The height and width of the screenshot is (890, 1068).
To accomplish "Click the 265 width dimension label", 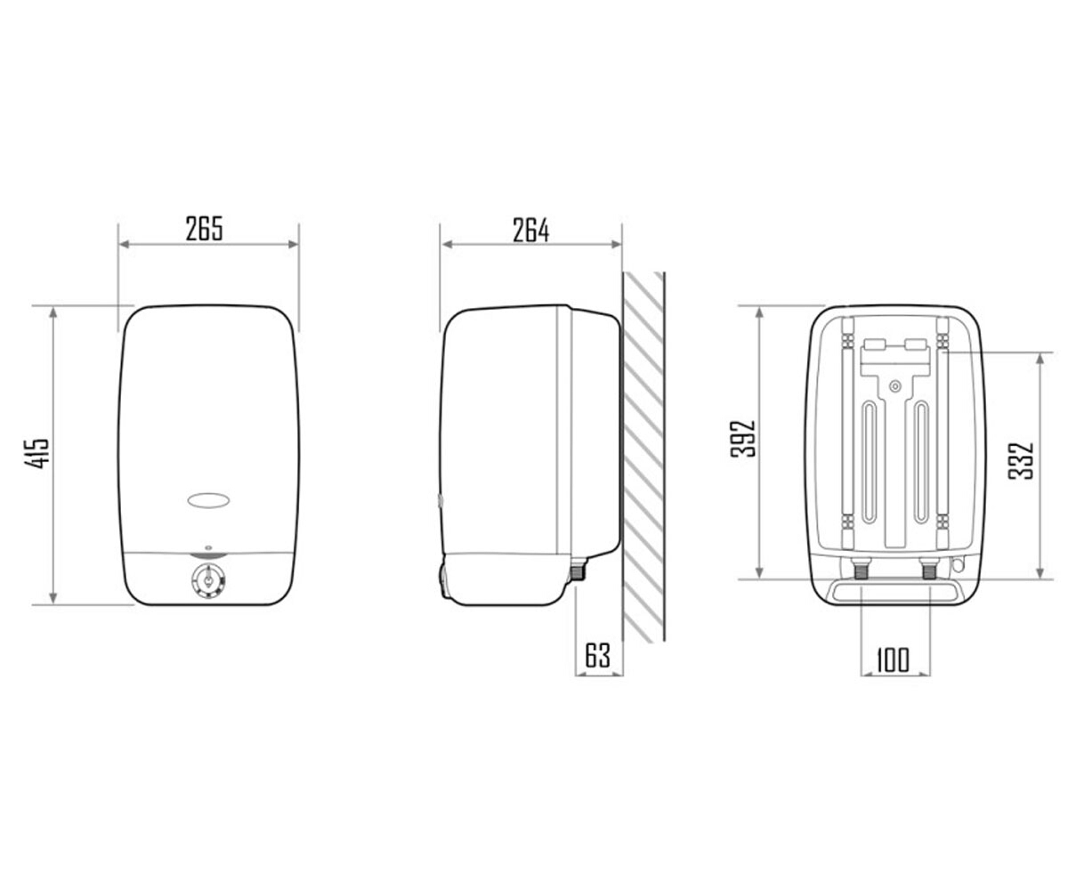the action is point(204,229).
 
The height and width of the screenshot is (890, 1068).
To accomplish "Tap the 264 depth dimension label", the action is point(531,231).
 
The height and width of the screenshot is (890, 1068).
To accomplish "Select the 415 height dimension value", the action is point(36,452).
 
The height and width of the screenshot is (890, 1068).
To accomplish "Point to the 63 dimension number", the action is point(597,656).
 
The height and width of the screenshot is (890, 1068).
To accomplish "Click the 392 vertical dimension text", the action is point(742,439).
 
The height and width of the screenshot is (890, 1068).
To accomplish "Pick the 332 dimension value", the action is point(1021,461).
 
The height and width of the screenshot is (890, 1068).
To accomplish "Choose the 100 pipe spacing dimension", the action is point(893,660).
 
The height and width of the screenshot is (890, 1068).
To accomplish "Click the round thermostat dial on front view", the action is point(208,583).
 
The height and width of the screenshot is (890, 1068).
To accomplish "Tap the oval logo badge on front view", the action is point(208,501).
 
